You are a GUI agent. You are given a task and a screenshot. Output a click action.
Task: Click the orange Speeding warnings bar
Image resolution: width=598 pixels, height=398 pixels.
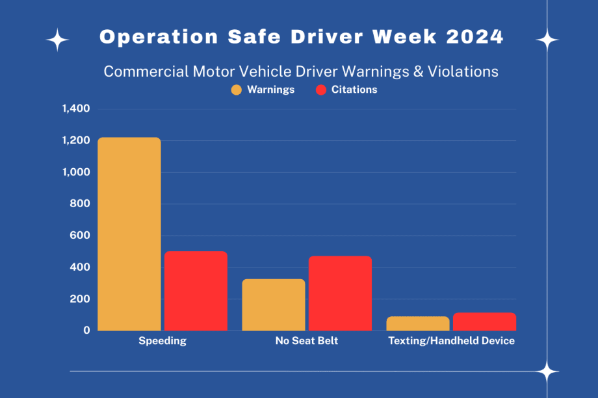129,234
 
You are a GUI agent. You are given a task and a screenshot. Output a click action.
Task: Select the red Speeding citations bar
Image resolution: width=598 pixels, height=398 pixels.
196,291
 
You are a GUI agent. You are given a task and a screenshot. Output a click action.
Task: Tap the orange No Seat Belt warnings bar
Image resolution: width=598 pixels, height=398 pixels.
274,305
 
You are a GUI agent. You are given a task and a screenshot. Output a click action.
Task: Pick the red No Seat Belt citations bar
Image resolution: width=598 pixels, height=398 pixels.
340,293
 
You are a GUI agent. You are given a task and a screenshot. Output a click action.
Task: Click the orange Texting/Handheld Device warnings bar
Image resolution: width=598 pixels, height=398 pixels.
418,323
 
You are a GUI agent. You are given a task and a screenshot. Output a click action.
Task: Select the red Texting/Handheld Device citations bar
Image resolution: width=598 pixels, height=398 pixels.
484,321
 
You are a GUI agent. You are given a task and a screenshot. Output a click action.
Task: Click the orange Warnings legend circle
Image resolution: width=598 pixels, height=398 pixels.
237,90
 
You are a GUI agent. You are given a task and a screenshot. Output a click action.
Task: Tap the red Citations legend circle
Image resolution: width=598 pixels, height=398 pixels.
321,90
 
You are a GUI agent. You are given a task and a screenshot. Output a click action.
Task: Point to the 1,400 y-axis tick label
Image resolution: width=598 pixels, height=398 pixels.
76,108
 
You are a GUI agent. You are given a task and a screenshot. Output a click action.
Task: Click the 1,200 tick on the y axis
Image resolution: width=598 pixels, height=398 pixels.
76,140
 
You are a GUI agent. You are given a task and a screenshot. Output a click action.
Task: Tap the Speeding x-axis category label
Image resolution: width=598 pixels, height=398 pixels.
162,341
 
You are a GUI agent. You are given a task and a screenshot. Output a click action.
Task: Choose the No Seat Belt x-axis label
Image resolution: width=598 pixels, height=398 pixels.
307,341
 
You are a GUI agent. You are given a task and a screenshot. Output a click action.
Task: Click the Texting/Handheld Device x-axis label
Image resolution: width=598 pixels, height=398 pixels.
451,341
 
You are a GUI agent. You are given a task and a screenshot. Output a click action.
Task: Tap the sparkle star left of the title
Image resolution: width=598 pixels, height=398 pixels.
57,40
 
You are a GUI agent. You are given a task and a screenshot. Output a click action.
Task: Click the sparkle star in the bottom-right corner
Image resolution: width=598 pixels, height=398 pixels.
547,372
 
